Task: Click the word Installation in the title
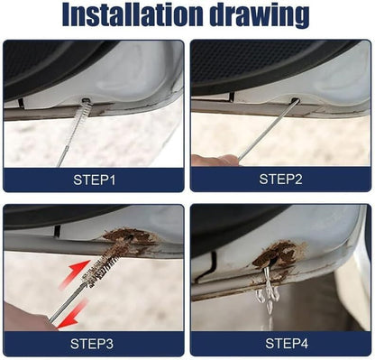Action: coord(133,15)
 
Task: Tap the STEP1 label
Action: coord(94,180)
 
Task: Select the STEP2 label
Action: coord(280,180)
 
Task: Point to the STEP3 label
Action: coord(92,344)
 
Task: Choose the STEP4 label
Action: coord(287,344)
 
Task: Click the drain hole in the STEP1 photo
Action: coord(87,100)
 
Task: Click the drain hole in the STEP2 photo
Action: coord(295,100)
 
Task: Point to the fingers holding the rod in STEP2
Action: coord(215,160)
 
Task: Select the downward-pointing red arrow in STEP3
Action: coord(71,314)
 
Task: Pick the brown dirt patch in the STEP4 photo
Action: coord(277,254)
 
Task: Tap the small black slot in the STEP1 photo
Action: coord(21,103)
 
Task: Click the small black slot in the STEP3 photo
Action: coord(58,231)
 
